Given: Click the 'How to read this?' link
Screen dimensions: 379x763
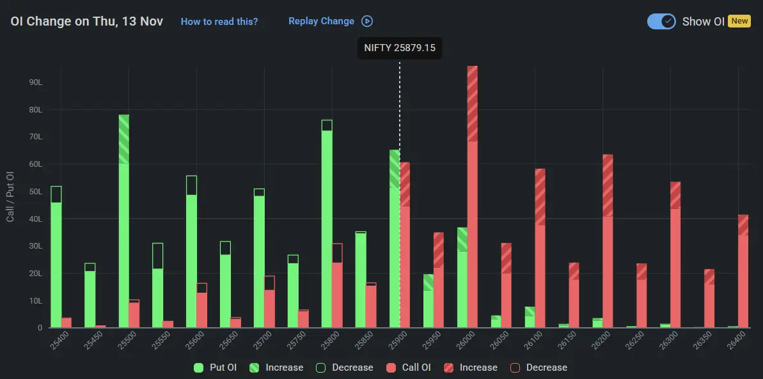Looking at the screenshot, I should coord(219,21).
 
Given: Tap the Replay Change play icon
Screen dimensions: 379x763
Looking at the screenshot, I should coord(367,21).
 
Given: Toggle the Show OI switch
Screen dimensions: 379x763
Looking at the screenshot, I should coord(661,21).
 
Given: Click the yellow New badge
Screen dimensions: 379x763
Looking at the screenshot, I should coord(739,21).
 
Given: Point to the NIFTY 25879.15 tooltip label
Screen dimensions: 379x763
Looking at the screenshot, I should coord(400,48).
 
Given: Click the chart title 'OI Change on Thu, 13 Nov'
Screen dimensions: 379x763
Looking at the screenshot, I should coord(87,21).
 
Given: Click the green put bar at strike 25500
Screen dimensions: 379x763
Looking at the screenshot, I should coord(124,224).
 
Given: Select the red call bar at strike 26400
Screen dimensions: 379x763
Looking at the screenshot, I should coord(743,275).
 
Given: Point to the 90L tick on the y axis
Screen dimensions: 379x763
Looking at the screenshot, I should coord(35,82).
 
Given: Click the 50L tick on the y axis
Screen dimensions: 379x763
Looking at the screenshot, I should coord(35,192).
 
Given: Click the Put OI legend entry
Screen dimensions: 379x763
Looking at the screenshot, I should coord(216,367).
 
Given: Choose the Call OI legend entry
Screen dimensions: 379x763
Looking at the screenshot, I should coord(409,367).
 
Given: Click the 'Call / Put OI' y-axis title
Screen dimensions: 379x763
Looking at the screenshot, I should coord(10,196).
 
